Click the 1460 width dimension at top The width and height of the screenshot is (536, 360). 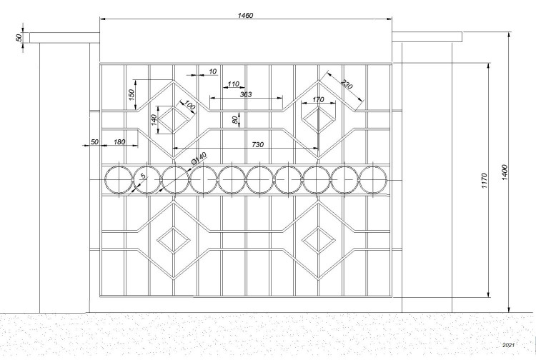pyautogui.click(x=245, y=16)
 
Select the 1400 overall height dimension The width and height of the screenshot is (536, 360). pyautogui.click(x=505, y=172)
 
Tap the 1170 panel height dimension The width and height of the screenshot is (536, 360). pyautogui.click(x=484, y=181)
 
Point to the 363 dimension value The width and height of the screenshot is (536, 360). pyautogui.click(x=246, y=94)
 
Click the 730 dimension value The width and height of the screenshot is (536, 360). pyautogui.click(x=258, y=145)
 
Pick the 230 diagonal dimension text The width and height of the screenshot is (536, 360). pyautogui.click(x=347, y=84)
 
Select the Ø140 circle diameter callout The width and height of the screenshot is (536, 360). pyautogui.click(x=199, y=158)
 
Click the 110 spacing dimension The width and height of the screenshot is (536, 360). pyautogui.click(x=233, y=84)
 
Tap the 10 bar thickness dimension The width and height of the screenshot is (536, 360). pyautogui.click(x=213, y=71)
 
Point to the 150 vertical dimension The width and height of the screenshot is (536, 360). pyautogui.click(x=131, y=94)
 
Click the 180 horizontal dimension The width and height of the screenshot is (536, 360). pyautogui.click(x=119, y=141)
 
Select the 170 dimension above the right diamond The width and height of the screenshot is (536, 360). pyautogui.click(x=318, y=99)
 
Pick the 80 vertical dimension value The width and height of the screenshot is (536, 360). pyautogui.click(x=234, y=120)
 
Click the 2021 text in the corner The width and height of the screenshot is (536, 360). pyautogui.click(x=508, y=345)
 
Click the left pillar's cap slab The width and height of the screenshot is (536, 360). pyautogui.click(x=64, y=38)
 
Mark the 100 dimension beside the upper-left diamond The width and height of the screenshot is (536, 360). pyautogui.click(x=189, y=106)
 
